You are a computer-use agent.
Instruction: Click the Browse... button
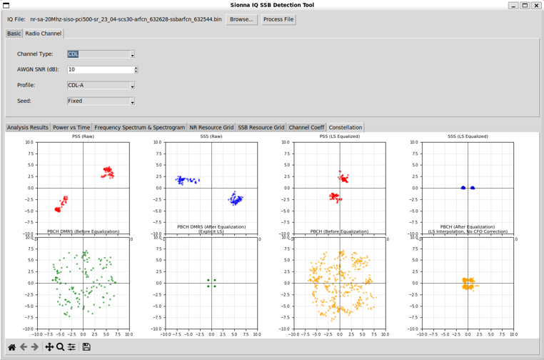pos(241,19)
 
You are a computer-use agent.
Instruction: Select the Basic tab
pos(14,34)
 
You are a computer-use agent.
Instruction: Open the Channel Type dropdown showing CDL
pos(101,54)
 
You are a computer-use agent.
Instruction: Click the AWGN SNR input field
pos(101,70)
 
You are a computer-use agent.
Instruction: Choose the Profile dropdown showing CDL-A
pos(101,86)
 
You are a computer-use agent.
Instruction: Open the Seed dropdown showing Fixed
pos(101,101)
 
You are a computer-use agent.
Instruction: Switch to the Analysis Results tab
pos(28,128)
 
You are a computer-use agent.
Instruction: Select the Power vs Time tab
pos(71,128)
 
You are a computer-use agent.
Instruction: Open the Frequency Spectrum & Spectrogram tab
pos(139,128)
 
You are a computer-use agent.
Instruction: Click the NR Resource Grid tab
pos(211,128)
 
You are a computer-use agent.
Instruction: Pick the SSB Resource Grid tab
pos(261,128)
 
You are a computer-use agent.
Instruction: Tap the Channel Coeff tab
pos(306,128)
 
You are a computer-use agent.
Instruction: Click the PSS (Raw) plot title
pos(83,136)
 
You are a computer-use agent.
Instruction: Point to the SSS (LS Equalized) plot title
pos(468,136)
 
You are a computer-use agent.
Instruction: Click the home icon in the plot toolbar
pos(11,347)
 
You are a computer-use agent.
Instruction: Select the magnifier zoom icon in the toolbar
pos(61,347)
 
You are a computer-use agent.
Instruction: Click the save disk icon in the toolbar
pos(86,347)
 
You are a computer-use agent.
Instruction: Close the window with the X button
pos(536,5)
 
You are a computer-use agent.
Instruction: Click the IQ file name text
pos(126,19)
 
